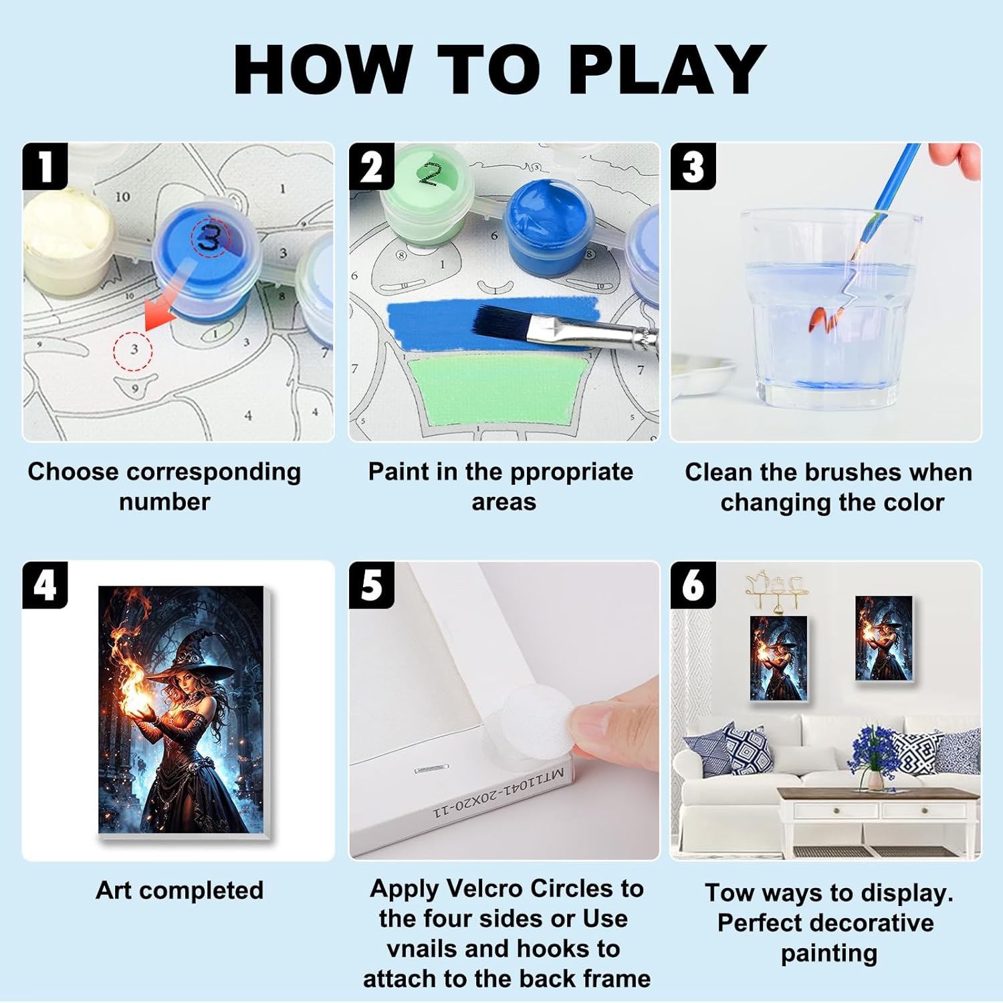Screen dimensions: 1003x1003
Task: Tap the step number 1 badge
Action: tap(45, 166)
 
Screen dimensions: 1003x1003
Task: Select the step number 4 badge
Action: tap(45, 585)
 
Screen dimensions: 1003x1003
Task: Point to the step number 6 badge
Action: tap(693, 585)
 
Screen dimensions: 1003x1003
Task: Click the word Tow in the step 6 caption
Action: tap(730, 893)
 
